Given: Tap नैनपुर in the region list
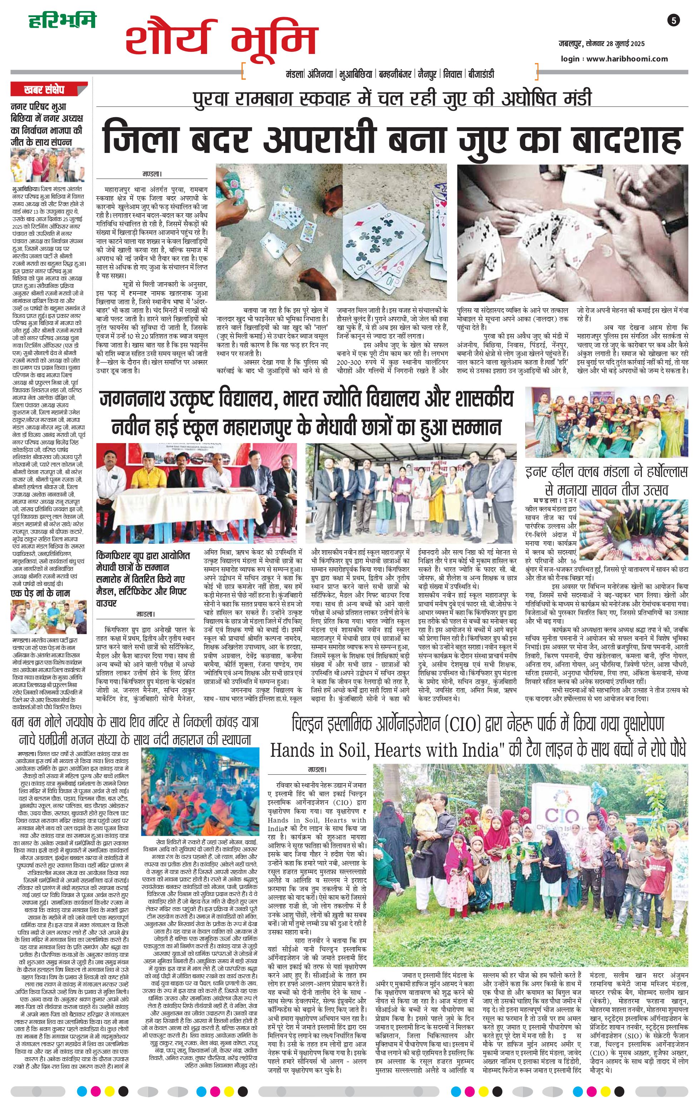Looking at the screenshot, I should tap(427, 74).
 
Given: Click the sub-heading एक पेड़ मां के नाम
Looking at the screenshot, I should tap(40, 593).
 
